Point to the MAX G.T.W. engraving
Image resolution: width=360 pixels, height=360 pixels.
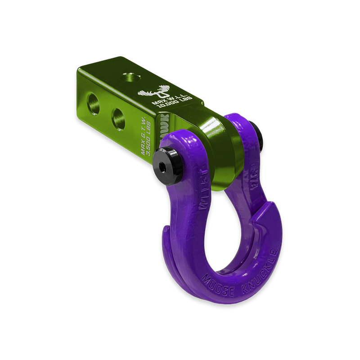(146, 145)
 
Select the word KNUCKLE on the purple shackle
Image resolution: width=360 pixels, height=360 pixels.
(263, 266)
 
